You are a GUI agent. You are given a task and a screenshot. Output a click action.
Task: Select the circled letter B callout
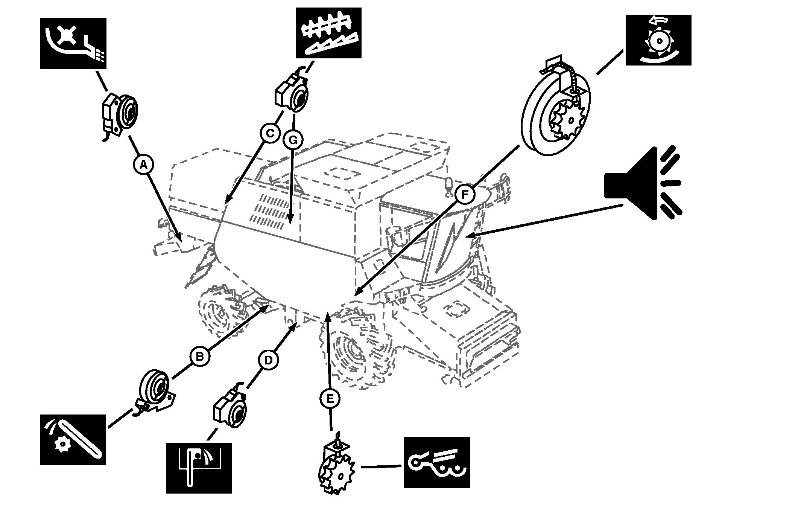pos(200,356)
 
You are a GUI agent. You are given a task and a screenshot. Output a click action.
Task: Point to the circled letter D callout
pos(268,360)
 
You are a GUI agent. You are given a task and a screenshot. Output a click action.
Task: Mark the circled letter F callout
pos(465,195)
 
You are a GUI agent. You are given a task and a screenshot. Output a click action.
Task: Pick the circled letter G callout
pos(293,140)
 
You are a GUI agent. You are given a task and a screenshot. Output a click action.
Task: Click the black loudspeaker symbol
pos(642,183)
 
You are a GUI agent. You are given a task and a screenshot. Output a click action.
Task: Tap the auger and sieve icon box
pos(328,33)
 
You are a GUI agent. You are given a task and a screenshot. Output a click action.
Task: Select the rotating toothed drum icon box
pos(658,40)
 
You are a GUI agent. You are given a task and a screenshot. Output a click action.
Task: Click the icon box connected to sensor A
pos(73,43)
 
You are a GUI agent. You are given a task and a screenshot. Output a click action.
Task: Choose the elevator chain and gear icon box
pos(73,439)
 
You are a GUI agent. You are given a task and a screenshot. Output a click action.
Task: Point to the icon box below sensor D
pos(199,468)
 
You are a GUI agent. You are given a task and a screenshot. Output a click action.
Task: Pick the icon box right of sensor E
pos(436,462)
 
